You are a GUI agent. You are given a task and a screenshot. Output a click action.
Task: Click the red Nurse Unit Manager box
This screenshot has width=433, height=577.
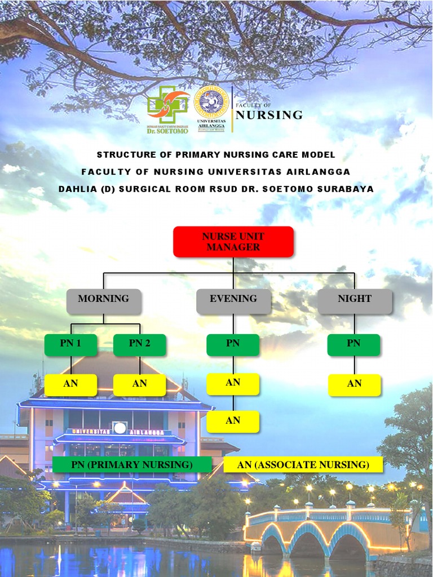point(233,242)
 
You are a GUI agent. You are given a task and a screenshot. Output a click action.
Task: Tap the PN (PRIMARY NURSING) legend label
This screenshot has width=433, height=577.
point(132,465)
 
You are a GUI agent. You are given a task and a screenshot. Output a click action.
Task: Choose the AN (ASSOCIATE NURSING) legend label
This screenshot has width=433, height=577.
point(303,465)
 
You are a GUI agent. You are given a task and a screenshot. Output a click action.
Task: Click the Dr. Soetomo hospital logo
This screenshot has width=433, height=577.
point(167,109)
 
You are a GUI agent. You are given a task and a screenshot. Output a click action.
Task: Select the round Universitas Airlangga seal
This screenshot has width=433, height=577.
point(211,102)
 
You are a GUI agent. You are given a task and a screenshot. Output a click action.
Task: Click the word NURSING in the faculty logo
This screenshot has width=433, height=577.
point(269,116)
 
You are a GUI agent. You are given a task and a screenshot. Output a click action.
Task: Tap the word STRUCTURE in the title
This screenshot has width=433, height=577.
point(123,155)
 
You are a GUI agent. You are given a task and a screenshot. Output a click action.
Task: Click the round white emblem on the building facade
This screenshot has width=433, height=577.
point(120,428)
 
